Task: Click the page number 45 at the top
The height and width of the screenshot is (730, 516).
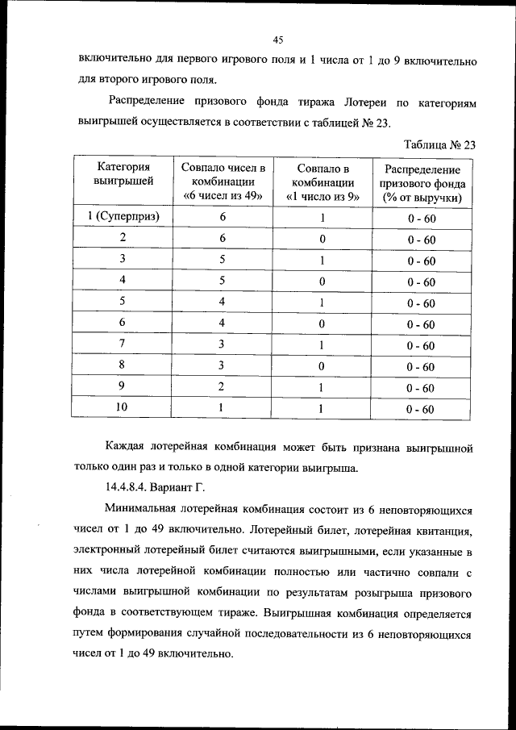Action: click(277, 40)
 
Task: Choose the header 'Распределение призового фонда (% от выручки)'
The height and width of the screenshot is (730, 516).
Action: click(422, 183)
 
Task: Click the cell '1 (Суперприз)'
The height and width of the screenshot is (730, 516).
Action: click(123, 217)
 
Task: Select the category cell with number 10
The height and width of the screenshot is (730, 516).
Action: click(122, 407)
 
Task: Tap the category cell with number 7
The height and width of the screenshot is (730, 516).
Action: click(123, 344)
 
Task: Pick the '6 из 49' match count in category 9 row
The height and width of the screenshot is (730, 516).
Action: click(223, 386)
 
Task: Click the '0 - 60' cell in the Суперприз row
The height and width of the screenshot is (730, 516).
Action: click(421, 219)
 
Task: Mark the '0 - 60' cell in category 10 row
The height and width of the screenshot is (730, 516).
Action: click(421, 409)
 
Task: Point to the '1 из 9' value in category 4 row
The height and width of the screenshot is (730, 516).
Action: click(322, 281)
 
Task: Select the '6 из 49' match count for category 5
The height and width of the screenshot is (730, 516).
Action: click(223, 302)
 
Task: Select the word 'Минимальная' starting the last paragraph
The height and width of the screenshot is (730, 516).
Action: click(146, 511)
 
